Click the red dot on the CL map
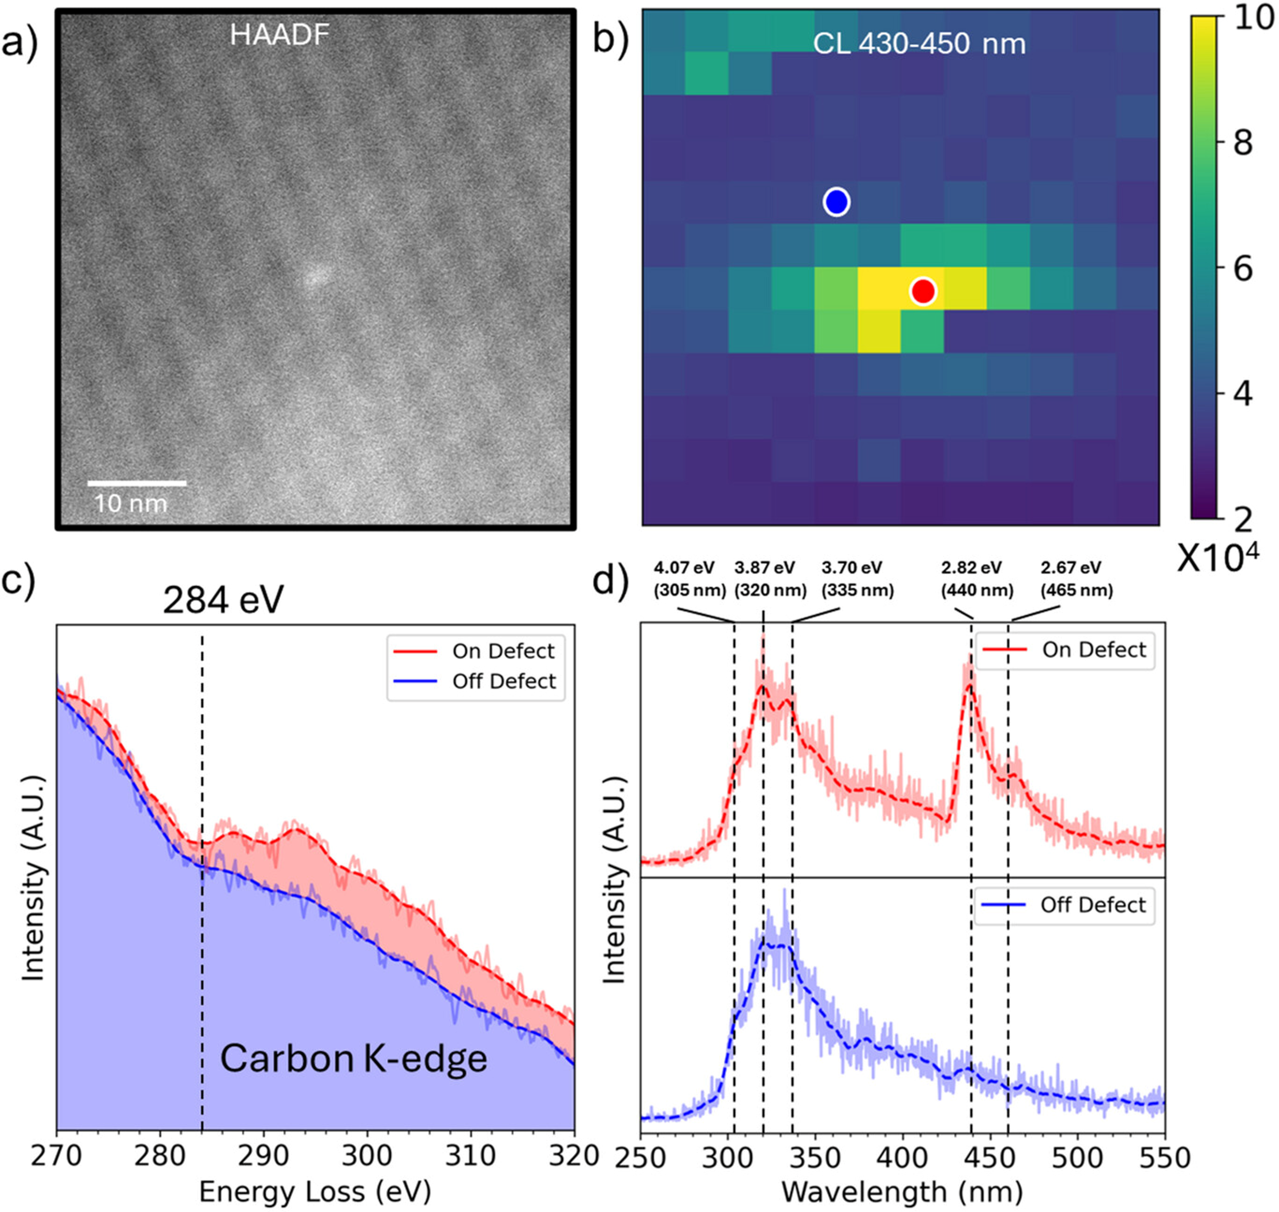(923, 291)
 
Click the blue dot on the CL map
(836, 202)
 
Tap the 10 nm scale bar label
(131, 503)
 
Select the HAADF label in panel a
(279, 35)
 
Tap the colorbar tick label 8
(1242, 143)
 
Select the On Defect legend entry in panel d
(1093, 649)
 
